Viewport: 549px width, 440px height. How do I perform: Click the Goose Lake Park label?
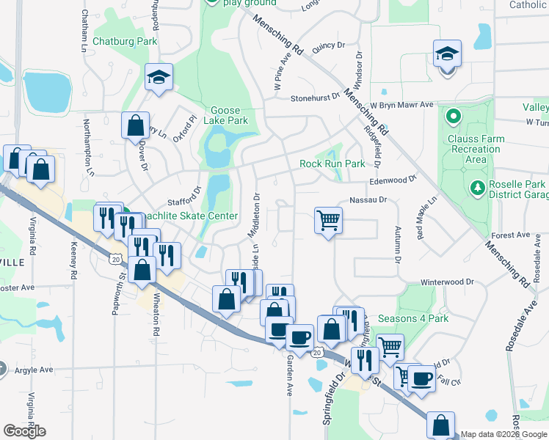pos(229,115)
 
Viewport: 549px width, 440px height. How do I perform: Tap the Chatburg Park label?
pos(126,42)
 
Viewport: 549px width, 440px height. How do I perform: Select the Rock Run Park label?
pos(332,164)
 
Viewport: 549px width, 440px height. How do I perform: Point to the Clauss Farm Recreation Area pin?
pos(453,116)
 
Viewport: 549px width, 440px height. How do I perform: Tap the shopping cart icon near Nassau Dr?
pos(328,219)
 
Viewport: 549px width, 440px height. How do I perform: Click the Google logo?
pos(25,430)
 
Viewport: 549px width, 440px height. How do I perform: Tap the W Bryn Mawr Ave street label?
pos(402,105)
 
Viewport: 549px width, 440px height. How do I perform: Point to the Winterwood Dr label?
pos(447,282)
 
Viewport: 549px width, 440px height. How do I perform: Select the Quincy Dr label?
pos(328,46)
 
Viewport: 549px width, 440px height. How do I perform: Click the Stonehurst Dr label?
pos(315,97)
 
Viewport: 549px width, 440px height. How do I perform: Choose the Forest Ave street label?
pos(511,235)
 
